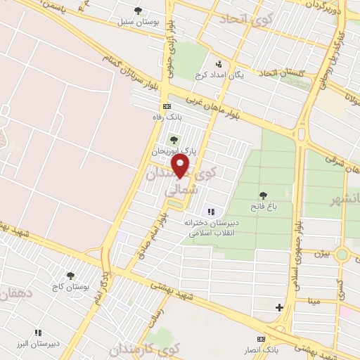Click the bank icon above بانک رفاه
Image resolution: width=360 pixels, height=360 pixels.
pos(167,106)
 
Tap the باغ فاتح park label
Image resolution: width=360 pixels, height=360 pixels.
pos(263,207)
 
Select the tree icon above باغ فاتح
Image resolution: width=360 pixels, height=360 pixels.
pos(263,195)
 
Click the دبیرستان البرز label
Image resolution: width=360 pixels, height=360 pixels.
pos(40,344)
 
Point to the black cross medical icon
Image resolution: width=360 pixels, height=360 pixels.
pos(280,307)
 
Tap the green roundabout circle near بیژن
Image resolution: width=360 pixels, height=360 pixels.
pos(342,254)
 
